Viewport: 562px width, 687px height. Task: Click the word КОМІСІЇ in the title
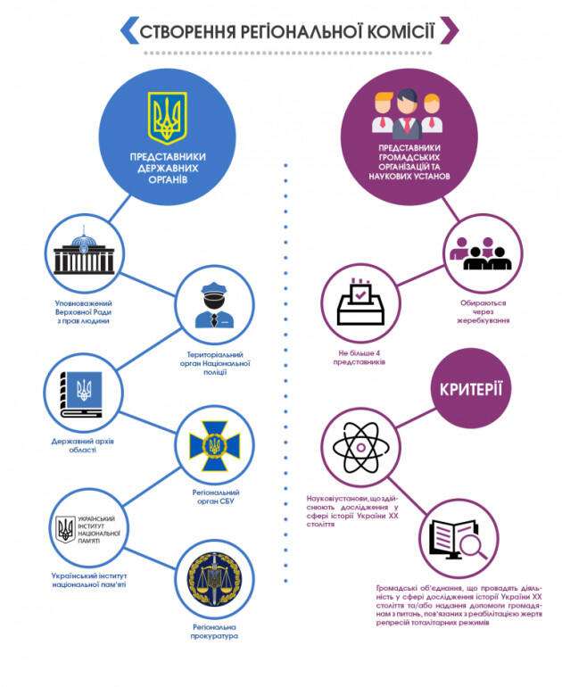click(x=401, y=31)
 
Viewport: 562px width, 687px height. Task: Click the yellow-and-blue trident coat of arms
click(x=167, y=118)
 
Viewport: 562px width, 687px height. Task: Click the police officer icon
click(x=214, y=305)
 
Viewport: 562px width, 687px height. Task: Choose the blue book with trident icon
click(x=81, y=394)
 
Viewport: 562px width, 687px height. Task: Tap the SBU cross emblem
click(x=215, y=446)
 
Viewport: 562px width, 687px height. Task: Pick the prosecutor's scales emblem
click(x=215, y=579)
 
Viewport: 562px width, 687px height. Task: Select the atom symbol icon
click(x=360, y=447)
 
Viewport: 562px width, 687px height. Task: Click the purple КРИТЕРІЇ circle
click(x=471, y=388)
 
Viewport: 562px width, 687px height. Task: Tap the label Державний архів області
click(x=82, y=445)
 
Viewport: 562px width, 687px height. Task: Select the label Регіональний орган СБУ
click(x=216, y=496)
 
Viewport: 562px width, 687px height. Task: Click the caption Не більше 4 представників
click(x=360, y=357)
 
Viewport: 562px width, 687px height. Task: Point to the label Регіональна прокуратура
click(x=214, y=632)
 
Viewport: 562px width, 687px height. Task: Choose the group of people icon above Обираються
click(x=481, y=253)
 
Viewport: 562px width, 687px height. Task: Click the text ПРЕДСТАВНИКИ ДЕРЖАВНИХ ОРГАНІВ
click(x=168, y=168)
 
